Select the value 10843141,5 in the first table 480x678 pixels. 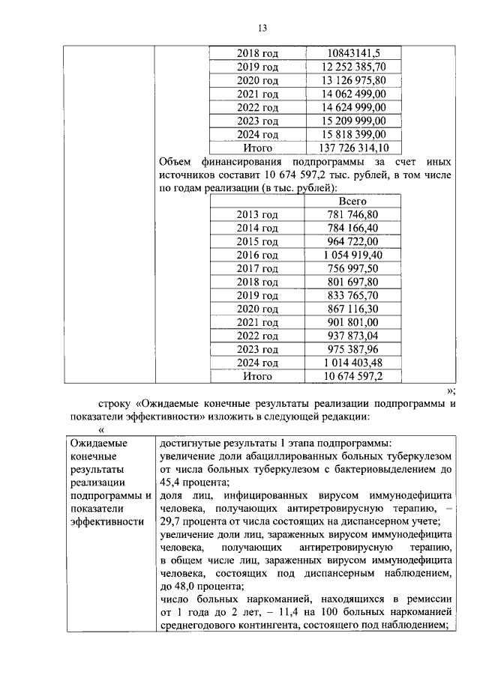(x=354, y=52)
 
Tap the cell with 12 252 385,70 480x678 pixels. (x=354, y=66)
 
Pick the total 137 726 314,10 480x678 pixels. (x=354, y=147)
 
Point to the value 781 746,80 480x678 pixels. (x=353, y=215)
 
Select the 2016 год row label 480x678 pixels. (x=257, y=255)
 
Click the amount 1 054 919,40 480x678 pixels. (x=353, y=255)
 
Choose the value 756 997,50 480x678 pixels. (x=353, y=269)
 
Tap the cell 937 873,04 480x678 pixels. (x=353, y=336)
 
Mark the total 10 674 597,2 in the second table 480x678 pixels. (x=353, y=377)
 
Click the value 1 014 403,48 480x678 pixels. (x=353, y=363)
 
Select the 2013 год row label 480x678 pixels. (x=257, y=215)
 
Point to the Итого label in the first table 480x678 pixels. (x=257, y=147)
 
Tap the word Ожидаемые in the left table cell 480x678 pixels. (x=95, y=443)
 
